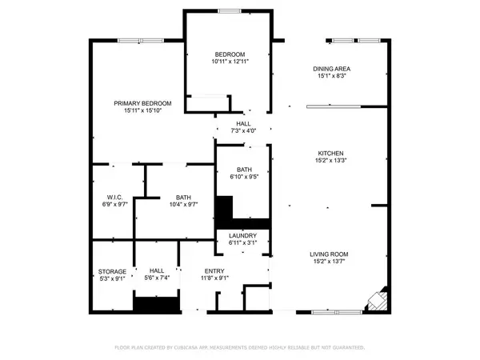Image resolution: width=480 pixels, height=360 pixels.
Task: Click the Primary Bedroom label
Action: pyautogui.click(x=143, y=103)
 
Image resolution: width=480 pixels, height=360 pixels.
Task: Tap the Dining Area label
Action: pyautogui.click(x=331, y=69)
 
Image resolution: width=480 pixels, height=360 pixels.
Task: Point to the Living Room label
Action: pyautogui.click(x=330, y=254)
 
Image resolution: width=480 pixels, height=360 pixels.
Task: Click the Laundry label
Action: pyautogui.click(x=242, y=235)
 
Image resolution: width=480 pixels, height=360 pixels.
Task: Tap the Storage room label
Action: pyautogui.click(x=113, y=272)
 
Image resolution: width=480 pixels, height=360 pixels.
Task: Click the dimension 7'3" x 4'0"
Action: pyautogui.click(x=243, y=130)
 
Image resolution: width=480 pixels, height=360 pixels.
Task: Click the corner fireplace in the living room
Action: pyautogui.click(x=376, y=302)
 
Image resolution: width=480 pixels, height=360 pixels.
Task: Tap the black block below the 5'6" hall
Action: pyautogui.click(x=154, y=305)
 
